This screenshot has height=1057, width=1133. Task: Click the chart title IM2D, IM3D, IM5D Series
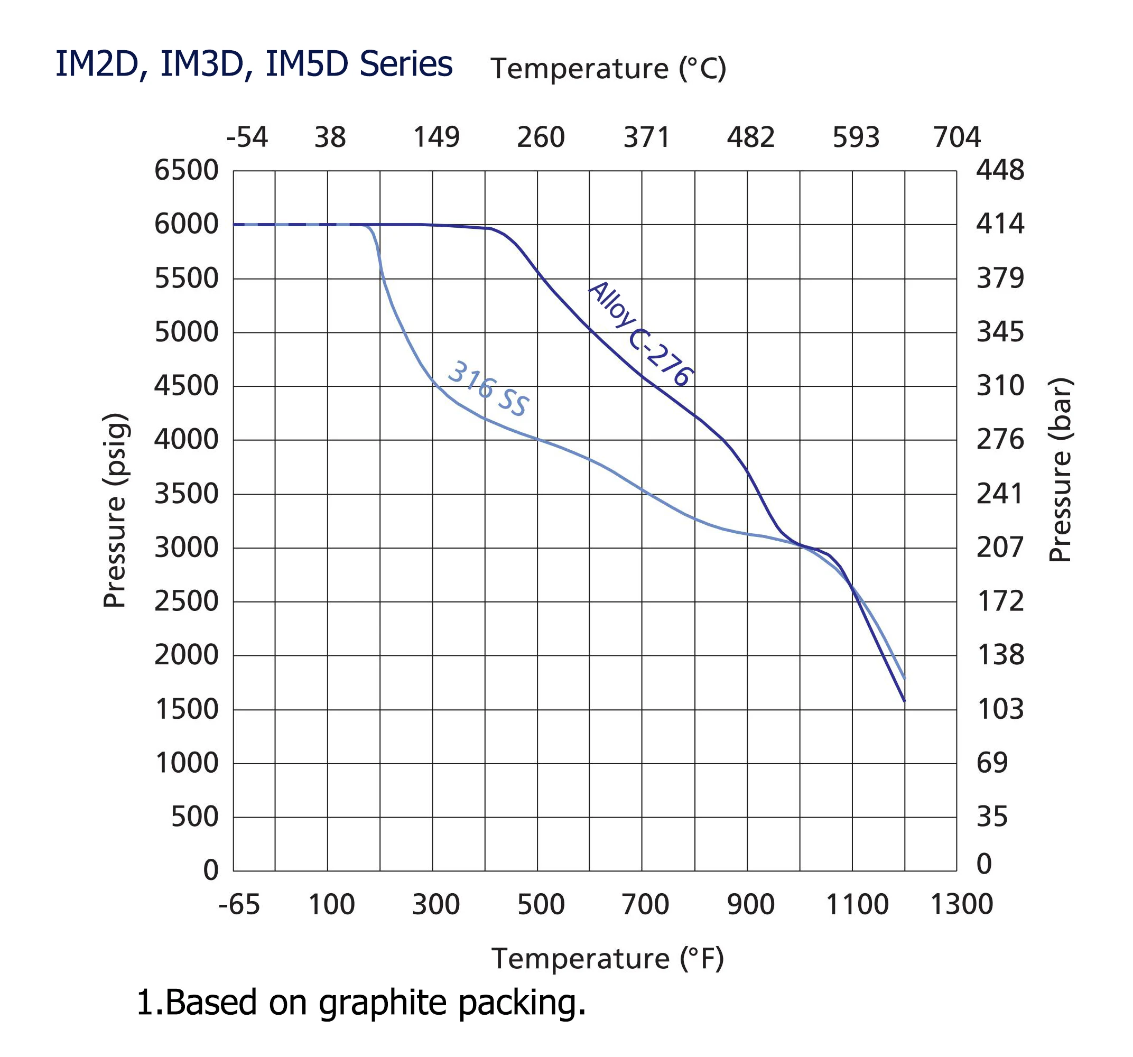pos(254,64)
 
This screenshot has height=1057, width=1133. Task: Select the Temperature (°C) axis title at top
pos(608,69)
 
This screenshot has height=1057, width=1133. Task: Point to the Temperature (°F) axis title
pos(608,958)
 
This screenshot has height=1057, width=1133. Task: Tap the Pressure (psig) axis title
pos(114,511)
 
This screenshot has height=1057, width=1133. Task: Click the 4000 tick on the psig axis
pos(187,440)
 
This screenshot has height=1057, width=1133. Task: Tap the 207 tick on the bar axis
pos(1000,548)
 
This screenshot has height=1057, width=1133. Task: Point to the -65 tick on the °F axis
pos(239,904)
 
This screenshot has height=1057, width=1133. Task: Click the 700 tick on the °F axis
pos(645,904)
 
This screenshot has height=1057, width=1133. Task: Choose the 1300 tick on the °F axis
pos(961,904)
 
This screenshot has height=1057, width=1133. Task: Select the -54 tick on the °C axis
pos(247,137)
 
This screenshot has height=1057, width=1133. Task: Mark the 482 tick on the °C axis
pos(750,137)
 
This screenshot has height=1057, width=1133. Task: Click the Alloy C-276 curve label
pos(640,334)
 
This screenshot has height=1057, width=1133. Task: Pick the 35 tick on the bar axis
pos(992,817)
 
